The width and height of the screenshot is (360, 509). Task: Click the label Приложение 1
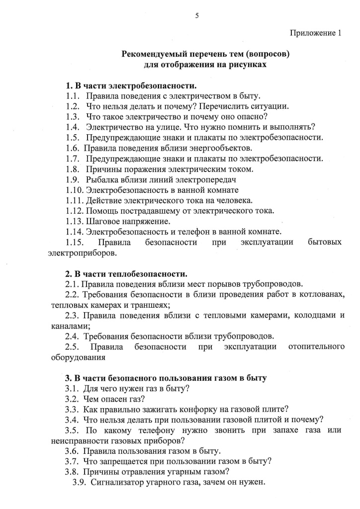click(x=316, y=33)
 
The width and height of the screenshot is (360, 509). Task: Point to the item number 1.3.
click(x=73, y=117)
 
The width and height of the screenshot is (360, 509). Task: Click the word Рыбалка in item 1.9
click(x=103, y=180)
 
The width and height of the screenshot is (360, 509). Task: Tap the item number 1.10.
click(x=75, y=190)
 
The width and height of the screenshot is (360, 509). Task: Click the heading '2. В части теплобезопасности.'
click(x=126, y=274)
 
